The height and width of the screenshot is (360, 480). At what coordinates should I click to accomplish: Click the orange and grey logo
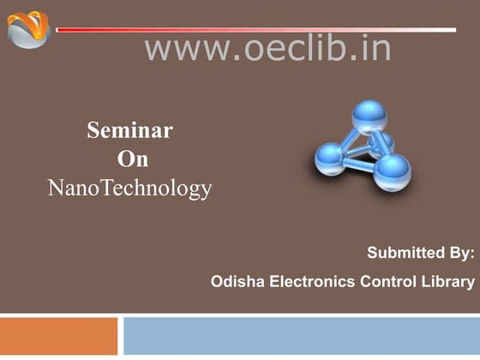tap(28, 29)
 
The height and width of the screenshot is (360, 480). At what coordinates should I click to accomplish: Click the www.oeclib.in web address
tap(267, 48)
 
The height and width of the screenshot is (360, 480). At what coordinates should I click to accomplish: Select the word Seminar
tap(129, 131)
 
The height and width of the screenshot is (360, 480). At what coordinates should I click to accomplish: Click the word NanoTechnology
tap(129, 188)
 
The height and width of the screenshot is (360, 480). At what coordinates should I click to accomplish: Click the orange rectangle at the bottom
tap(58, 336)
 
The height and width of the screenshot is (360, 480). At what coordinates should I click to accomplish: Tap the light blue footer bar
tap(301, 336)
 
